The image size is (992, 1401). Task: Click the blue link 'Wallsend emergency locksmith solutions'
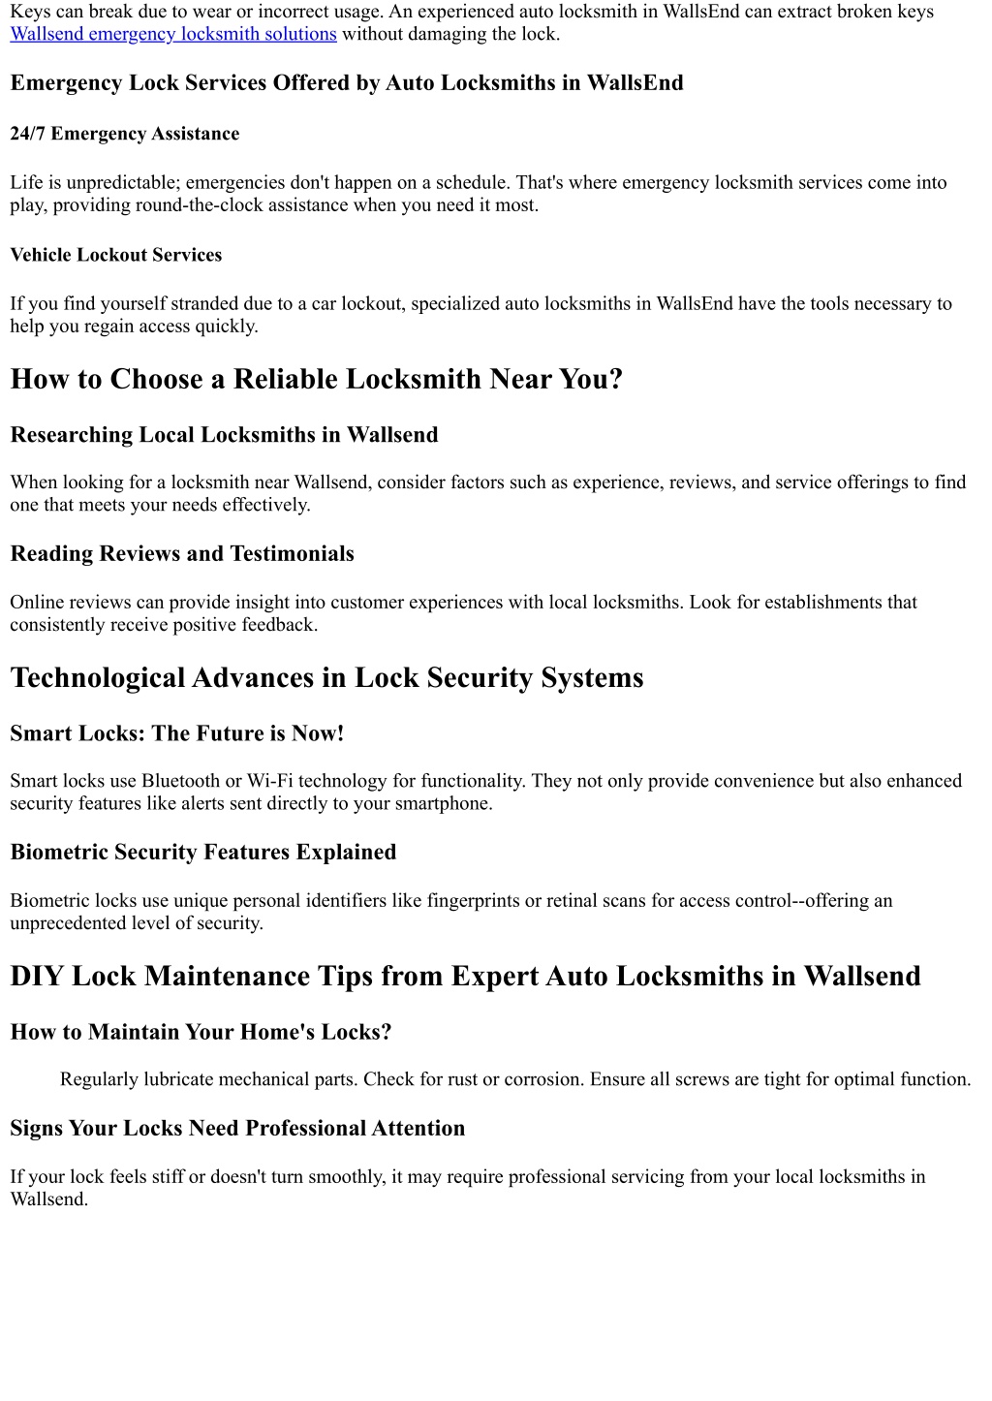pos(173,34)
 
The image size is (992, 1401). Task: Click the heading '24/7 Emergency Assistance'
pos(125,134)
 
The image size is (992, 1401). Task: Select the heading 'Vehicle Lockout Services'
pos(116,255)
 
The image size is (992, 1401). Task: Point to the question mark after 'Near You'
pos(615,379)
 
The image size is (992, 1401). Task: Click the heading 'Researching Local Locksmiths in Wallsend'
pos(224,435)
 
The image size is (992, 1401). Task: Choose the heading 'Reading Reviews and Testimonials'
pos(182,554)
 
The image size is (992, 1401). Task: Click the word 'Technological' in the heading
pos(97,677)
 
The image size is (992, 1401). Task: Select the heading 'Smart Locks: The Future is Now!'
pos(177,733)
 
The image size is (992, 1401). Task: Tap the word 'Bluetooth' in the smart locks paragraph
pos(181,781)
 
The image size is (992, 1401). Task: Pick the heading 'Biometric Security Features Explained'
pos(203,853)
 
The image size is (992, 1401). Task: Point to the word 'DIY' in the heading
pos(37,976)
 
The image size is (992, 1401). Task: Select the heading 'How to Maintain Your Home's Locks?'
pos(201,1032)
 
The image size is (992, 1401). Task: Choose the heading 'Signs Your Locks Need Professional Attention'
pos(237,1129)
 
